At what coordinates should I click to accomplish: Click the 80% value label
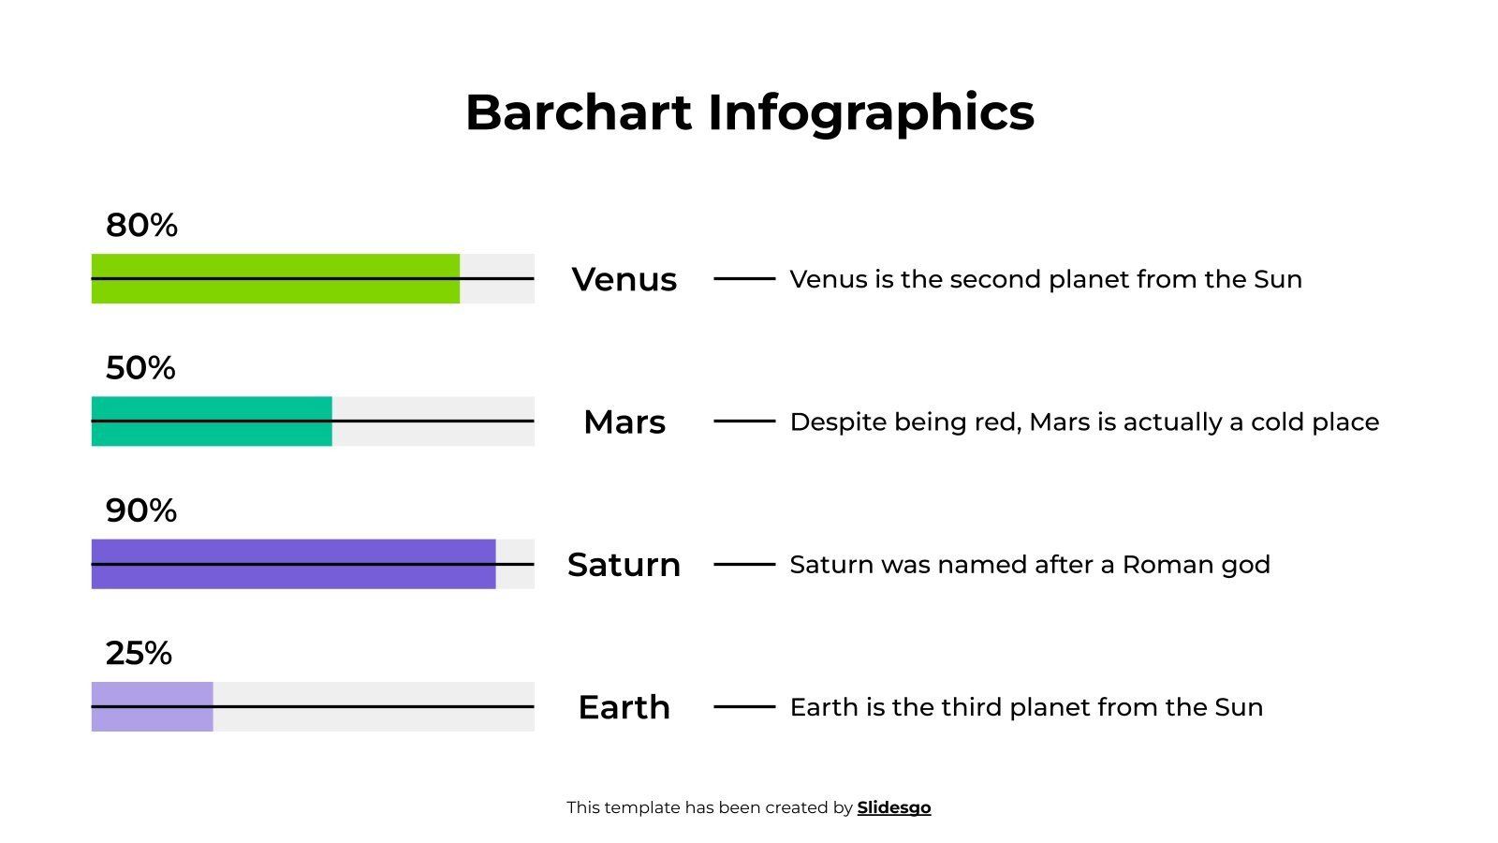141,225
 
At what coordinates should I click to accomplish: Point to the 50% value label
140,368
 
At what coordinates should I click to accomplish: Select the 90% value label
141,510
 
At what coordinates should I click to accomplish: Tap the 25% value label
139,653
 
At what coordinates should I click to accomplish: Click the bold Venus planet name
624,279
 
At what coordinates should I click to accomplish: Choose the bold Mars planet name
624,422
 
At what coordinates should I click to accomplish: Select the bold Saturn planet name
624,565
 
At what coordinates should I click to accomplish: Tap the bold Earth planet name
624,707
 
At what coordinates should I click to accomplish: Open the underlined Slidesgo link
893,807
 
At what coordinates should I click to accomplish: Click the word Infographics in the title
871,113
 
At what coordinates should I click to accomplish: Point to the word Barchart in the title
578,112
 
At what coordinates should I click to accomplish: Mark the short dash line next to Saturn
744,565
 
